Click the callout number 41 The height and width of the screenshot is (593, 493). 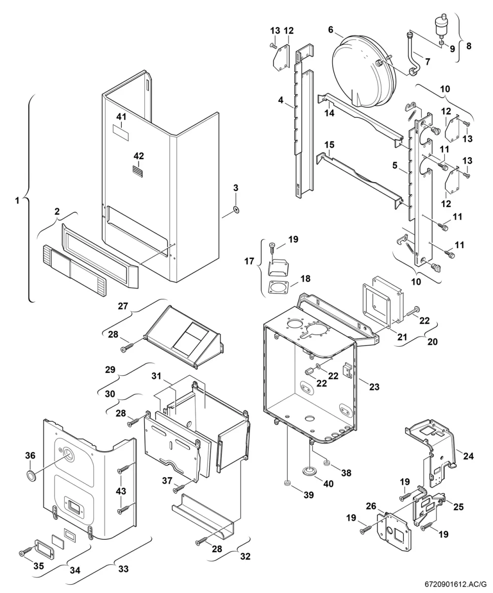coord(121,117)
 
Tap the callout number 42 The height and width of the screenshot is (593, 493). coord(139,156)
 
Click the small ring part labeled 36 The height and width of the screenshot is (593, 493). coord(31,475)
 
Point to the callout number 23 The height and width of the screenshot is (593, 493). coord(374,387)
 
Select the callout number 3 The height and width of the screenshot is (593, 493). coord(236,188)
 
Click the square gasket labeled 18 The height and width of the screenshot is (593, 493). coord(279,287)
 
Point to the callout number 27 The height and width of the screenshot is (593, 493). coord(123,306)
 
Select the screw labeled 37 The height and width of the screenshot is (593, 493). coord(179,489)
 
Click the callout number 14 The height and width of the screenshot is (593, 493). coord(329,113)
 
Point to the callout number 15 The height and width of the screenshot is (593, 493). coord(329,145)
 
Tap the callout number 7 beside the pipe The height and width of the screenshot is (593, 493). coord(427,62)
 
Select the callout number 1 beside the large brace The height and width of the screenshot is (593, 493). coord(17,201)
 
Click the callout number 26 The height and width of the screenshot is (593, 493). coord(371,506)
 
